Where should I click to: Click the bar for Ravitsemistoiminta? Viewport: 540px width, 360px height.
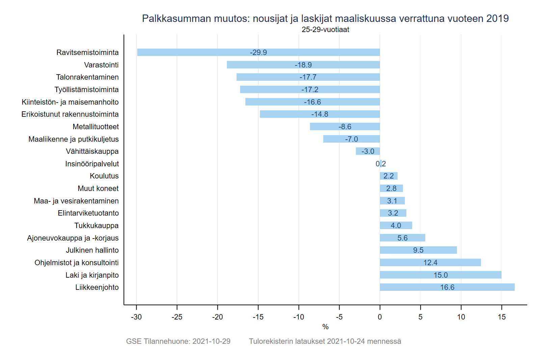[202, 52]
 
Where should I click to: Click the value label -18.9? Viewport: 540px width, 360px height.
[303, 65]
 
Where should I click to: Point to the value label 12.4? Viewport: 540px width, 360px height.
[430, 262]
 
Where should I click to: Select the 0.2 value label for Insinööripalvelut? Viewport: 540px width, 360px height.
[381, 164]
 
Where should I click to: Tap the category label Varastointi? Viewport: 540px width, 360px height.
[101, 65]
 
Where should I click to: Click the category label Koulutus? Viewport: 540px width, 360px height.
[104, 176]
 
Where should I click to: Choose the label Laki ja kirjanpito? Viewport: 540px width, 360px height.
[92, 275]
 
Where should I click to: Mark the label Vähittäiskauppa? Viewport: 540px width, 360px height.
[92, 151]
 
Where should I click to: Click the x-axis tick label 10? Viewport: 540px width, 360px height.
[461, 317]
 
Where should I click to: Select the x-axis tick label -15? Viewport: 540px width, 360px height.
[258, 317]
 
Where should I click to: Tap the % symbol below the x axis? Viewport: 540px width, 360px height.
[325, 327]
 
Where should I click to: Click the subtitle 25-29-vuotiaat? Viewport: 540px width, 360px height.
[325, 30]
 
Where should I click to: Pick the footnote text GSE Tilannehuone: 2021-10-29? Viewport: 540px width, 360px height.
[178, 341]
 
